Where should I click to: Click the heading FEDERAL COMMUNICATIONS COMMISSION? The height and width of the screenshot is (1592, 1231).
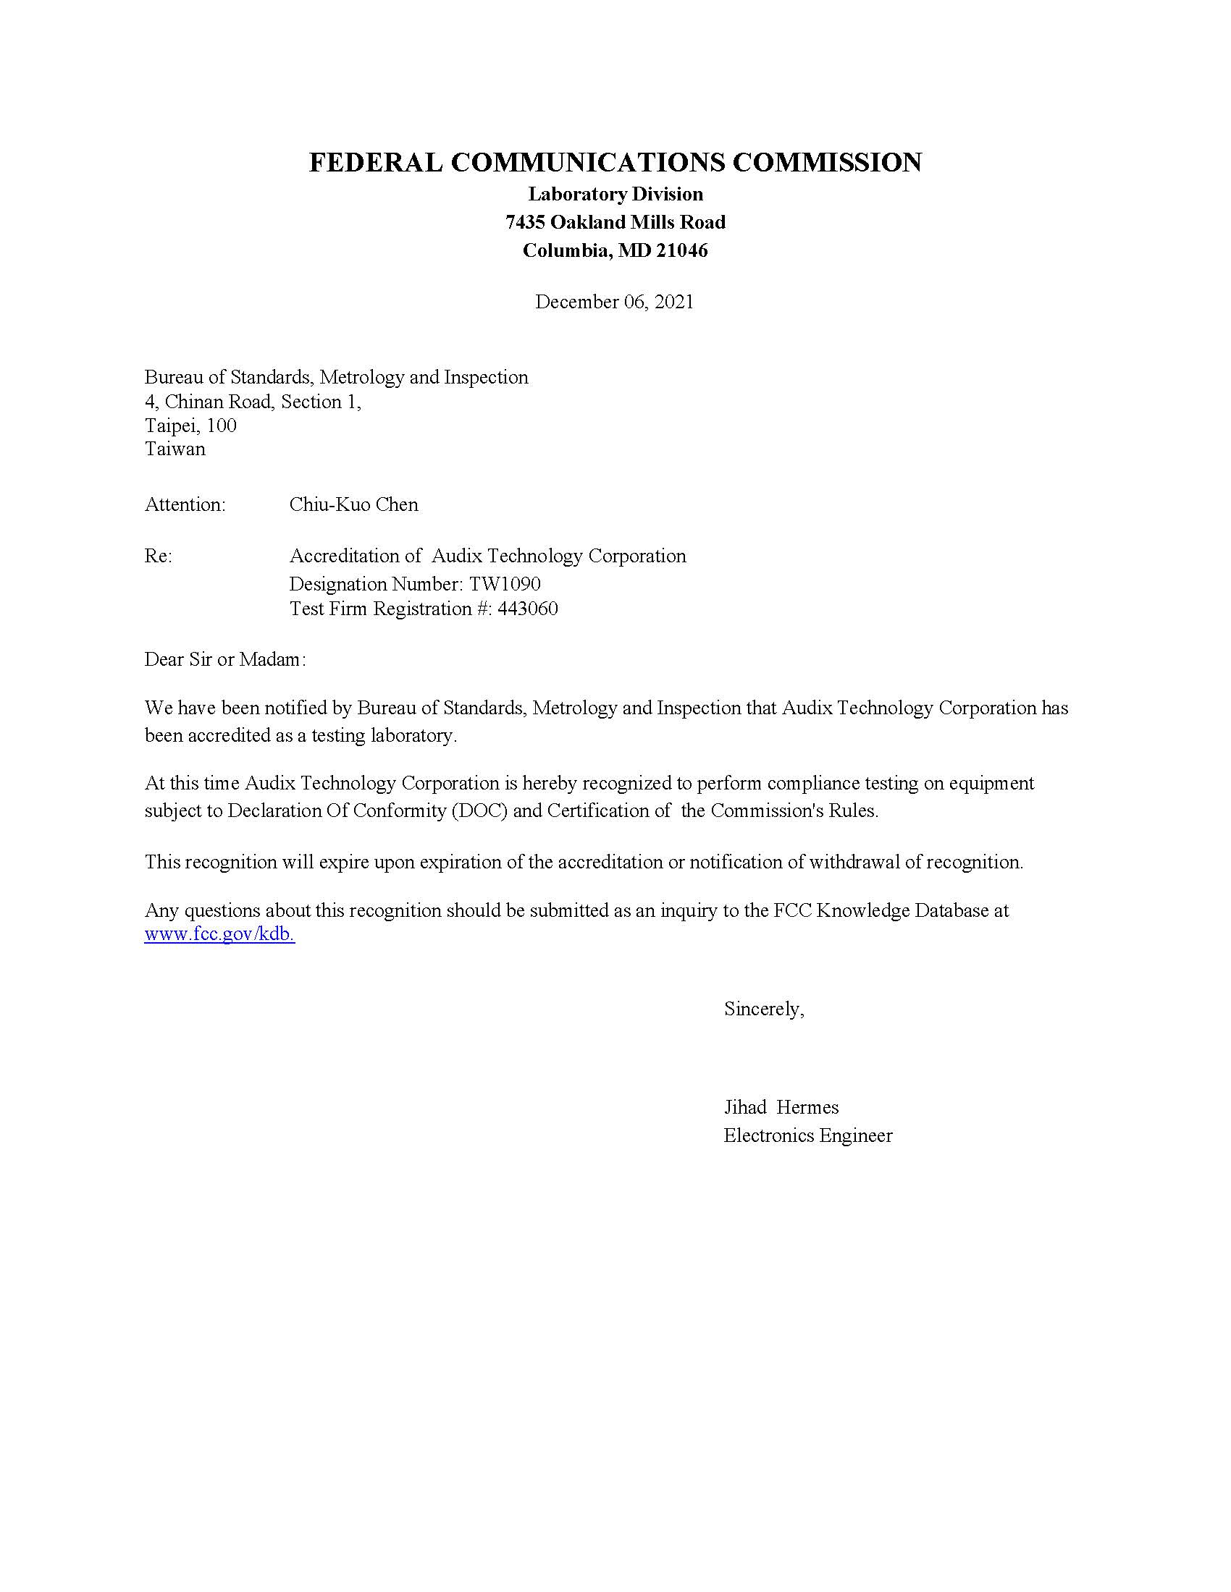coord(615,162)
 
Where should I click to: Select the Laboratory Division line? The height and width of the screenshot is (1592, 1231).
coord(615,194)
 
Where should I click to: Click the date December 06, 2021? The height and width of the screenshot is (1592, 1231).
coord(614,302)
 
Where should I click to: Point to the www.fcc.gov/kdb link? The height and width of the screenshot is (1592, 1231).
coord(219,934)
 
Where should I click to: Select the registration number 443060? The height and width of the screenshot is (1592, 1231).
coord(527,609)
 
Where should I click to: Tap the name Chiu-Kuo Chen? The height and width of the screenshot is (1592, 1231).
coord(353,504)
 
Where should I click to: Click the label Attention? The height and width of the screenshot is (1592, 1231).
coord(185,504)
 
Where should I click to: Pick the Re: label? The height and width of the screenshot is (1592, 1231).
coord(159,556)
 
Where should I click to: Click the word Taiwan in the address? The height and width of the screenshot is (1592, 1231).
coord(175,449)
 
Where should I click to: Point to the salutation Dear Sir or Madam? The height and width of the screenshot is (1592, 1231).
coord(224,660)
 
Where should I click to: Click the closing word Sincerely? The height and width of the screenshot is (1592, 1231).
coord(763,1009)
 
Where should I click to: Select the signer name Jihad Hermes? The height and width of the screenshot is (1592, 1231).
coord(781,1107)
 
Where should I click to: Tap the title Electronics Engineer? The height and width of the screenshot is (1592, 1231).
coord(807,1135)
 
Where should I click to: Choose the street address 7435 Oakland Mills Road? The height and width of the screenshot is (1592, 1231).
coord(615,222)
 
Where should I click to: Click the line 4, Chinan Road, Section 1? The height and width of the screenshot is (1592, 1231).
coord(252,402)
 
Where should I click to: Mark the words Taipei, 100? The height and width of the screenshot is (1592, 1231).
coord(190,425)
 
